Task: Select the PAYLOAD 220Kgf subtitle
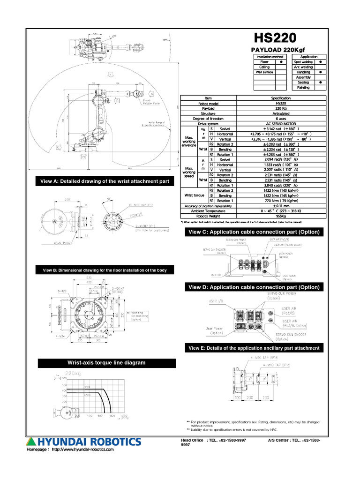[x=276, y=49]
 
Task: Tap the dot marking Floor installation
[x=281, y=62]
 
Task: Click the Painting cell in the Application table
[x=303, y=88]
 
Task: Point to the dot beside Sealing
[x=320, y=82]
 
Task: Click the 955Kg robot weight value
[x=281, y=217]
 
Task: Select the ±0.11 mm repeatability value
[x=281, y=206]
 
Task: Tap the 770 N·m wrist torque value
[x=281, y=201]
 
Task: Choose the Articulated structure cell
[x=281, y=113]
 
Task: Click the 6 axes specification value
[x=281, y=119]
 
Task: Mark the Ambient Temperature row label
[x=208, y=211]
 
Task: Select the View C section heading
[x=254, y=232]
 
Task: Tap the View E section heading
[x=254, y=348]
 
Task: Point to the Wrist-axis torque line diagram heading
[x=106, y=362]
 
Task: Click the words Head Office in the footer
[x=192, y=441]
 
